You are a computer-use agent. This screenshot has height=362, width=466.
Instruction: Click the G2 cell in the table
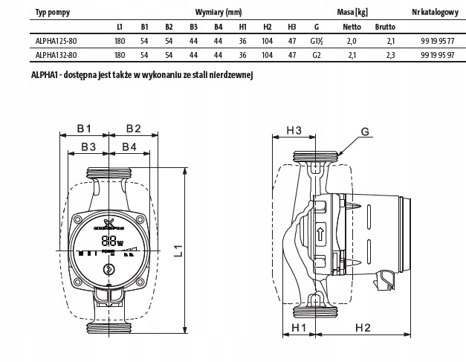[x=317, y=55]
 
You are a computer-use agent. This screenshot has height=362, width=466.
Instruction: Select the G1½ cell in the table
[x=317, y=42]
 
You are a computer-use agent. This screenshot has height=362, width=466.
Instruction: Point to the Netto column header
[x=352, y=27]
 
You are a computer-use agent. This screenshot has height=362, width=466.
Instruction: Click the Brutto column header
[x=386, y=27]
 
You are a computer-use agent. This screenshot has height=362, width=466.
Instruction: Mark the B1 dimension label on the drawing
[x=84, y=129]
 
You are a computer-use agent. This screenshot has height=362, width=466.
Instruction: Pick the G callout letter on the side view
[x=365, y=132]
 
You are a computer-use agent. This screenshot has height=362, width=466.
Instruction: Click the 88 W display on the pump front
[x=111, y=241]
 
